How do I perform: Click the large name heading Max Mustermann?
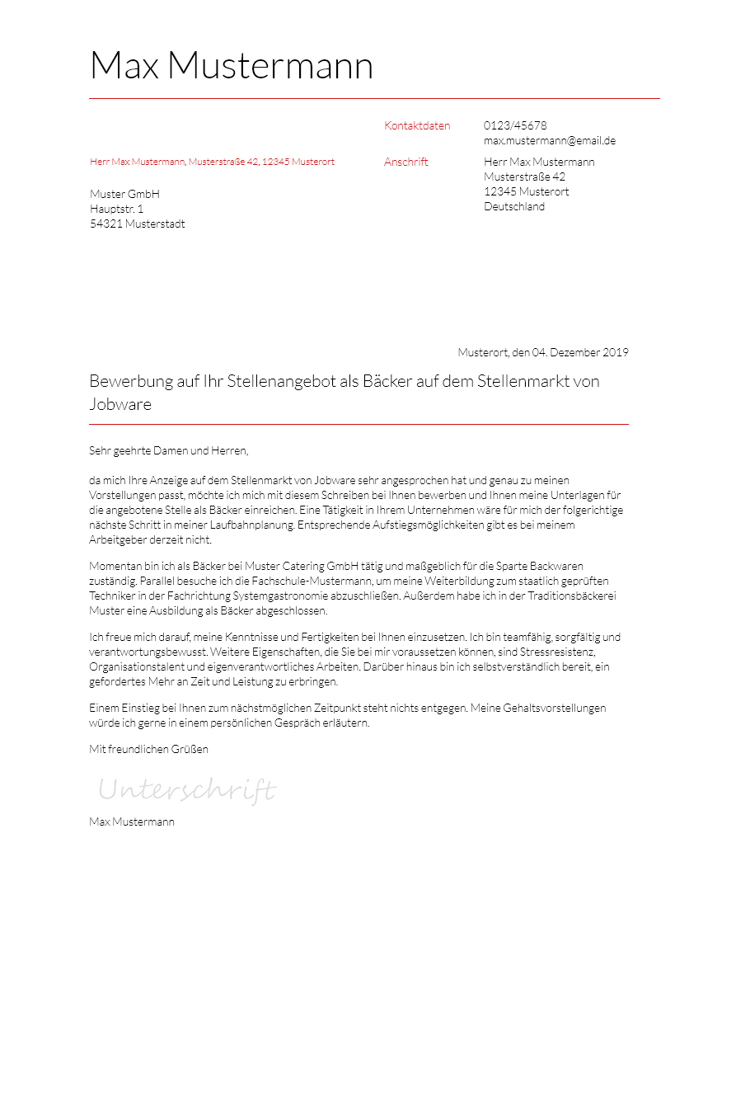pos(231,66)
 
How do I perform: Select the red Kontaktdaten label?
pos(417,126)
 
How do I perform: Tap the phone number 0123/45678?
pos(515,126)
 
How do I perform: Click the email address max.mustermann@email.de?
pos(550,141)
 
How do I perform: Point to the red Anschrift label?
pos(406,162)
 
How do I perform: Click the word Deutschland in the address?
pos(514,207)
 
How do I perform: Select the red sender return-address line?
pos(212,162)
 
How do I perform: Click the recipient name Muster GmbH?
pos(124,195)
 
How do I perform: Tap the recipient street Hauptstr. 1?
pos(116,210)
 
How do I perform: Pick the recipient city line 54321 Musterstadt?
pos(137,224)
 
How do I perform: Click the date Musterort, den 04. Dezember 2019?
pos(543,353)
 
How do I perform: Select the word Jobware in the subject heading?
pos(120,405)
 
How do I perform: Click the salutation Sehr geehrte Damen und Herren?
pos(168,451)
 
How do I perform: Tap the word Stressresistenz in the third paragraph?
pos(557,652)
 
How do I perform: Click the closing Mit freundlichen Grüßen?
pos(148,750)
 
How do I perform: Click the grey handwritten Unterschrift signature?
pos(187,791)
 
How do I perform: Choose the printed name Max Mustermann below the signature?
pos(132,822)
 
